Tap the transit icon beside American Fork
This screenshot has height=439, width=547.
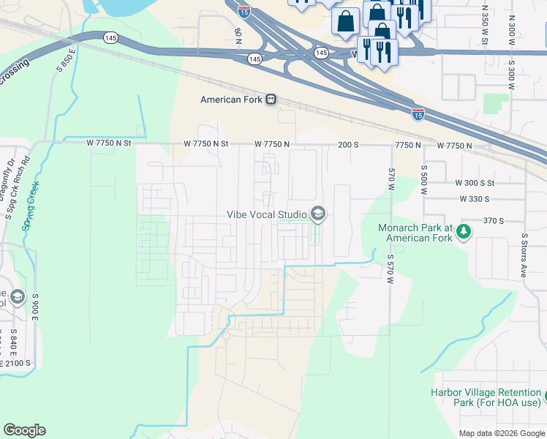tap(271, 100)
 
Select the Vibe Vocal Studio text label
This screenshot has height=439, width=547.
tap(265, 214)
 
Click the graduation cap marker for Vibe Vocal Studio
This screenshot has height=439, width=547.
tap(317, 214)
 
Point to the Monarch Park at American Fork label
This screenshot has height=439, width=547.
tap(415, 233)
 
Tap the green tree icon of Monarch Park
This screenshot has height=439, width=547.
tap(463, 232)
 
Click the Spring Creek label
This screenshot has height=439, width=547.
tap(31, 206)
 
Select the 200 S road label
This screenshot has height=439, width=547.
tap(349, 145)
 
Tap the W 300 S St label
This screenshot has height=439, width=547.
tap(475, 183)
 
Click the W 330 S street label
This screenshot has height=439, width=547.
tap(474, 199)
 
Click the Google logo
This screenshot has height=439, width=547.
tap(24, 430)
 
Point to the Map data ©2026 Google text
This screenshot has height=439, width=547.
tap(502, 433)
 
